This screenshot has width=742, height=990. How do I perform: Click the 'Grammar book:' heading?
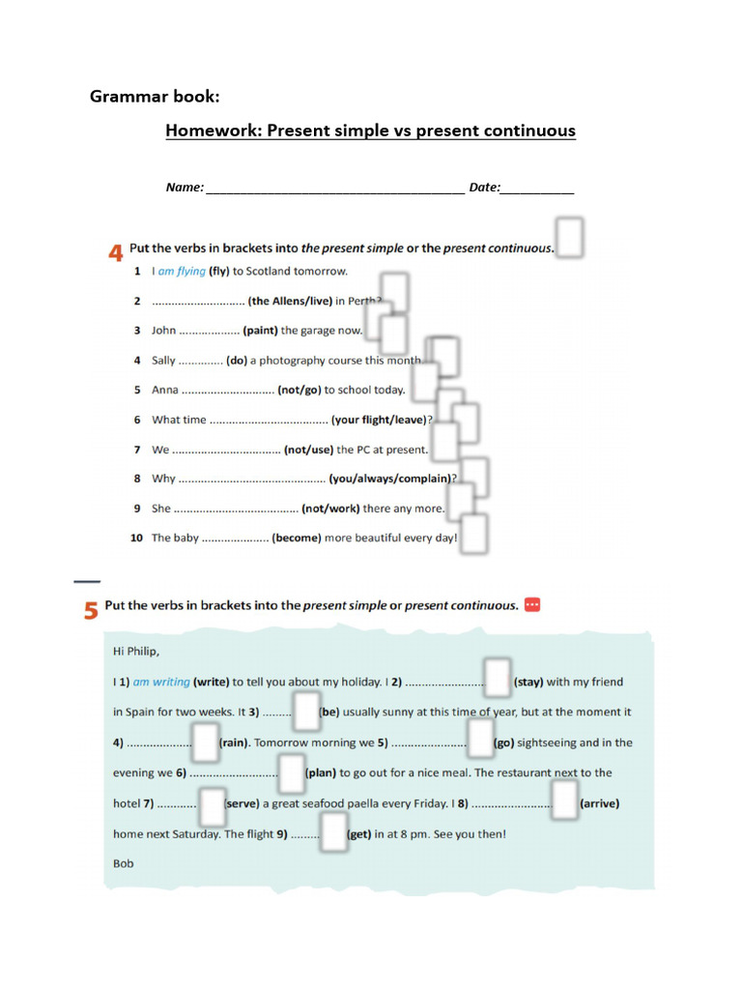pyautogui.click(x=155, y=96)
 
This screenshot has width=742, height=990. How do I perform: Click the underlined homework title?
pyautogui.click(x=370, y=131)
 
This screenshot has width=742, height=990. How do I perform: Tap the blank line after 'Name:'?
pyautogui.click(x=335, y=189)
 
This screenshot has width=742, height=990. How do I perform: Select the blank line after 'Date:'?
pyautogui.click(x=537, y=189)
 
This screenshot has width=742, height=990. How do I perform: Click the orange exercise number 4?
pyautogui.click(x=115, y=253)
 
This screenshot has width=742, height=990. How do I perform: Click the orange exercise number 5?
pyautogui.click(x=91, y=610)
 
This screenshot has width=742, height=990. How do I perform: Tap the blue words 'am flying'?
pyautogui.click(x=182, y=272)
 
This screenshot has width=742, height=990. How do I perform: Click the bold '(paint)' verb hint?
pyautogui.click(x=260, y=331)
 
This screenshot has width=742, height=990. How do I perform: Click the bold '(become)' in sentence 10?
pyautogui.click(x=296, y=539)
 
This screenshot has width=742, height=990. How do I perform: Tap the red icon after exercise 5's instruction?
pyautogui.click(x=532, y=605)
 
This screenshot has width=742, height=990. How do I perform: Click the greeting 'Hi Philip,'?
pyautogui.click(x=136, y=652)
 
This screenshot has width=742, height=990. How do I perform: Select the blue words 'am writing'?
pyautogui.click(x=161, y=683)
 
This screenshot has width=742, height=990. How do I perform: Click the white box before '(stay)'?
pyautogui.click(x=498, y=678)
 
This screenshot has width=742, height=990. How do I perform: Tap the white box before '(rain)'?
pyautogui.click(x=206, y=741)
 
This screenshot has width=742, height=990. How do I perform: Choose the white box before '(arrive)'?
pyautogui.click(x=564, y=801)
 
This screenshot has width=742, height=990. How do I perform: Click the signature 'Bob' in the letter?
pyautogui.click(x=124, y=863)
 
